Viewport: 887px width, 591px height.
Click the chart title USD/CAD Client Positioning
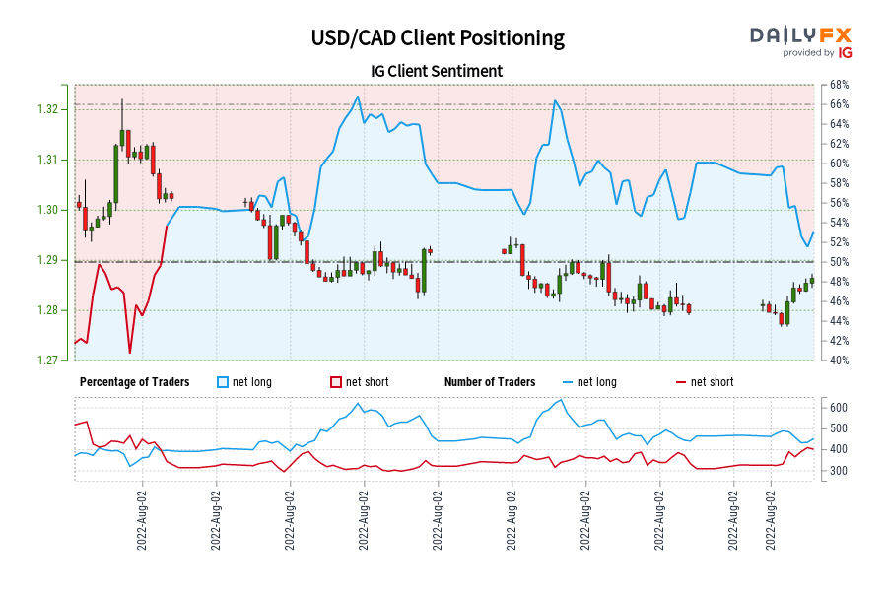tap(438, 38)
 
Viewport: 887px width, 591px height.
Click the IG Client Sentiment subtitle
tap(437, 71)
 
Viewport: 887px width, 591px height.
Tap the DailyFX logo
tap(802, 40)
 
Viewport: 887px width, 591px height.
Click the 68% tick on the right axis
tap(841, 85)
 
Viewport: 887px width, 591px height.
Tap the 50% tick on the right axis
tap(841, 262)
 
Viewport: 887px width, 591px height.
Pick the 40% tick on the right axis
tap(841, 361)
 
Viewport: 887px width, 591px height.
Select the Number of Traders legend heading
tap(490, 382)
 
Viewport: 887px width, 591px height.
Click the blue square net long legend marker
tap(222, 382)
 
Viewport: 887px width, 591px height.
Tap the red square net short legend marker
tap(336, 382)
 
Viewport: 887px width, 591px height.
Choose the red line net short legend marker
tap(681, 382)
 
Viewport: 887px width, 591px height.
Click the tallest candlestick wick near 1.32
tap(122, 101)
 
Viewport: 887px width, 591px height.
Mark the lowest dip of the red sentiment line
tap(129, 352)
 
